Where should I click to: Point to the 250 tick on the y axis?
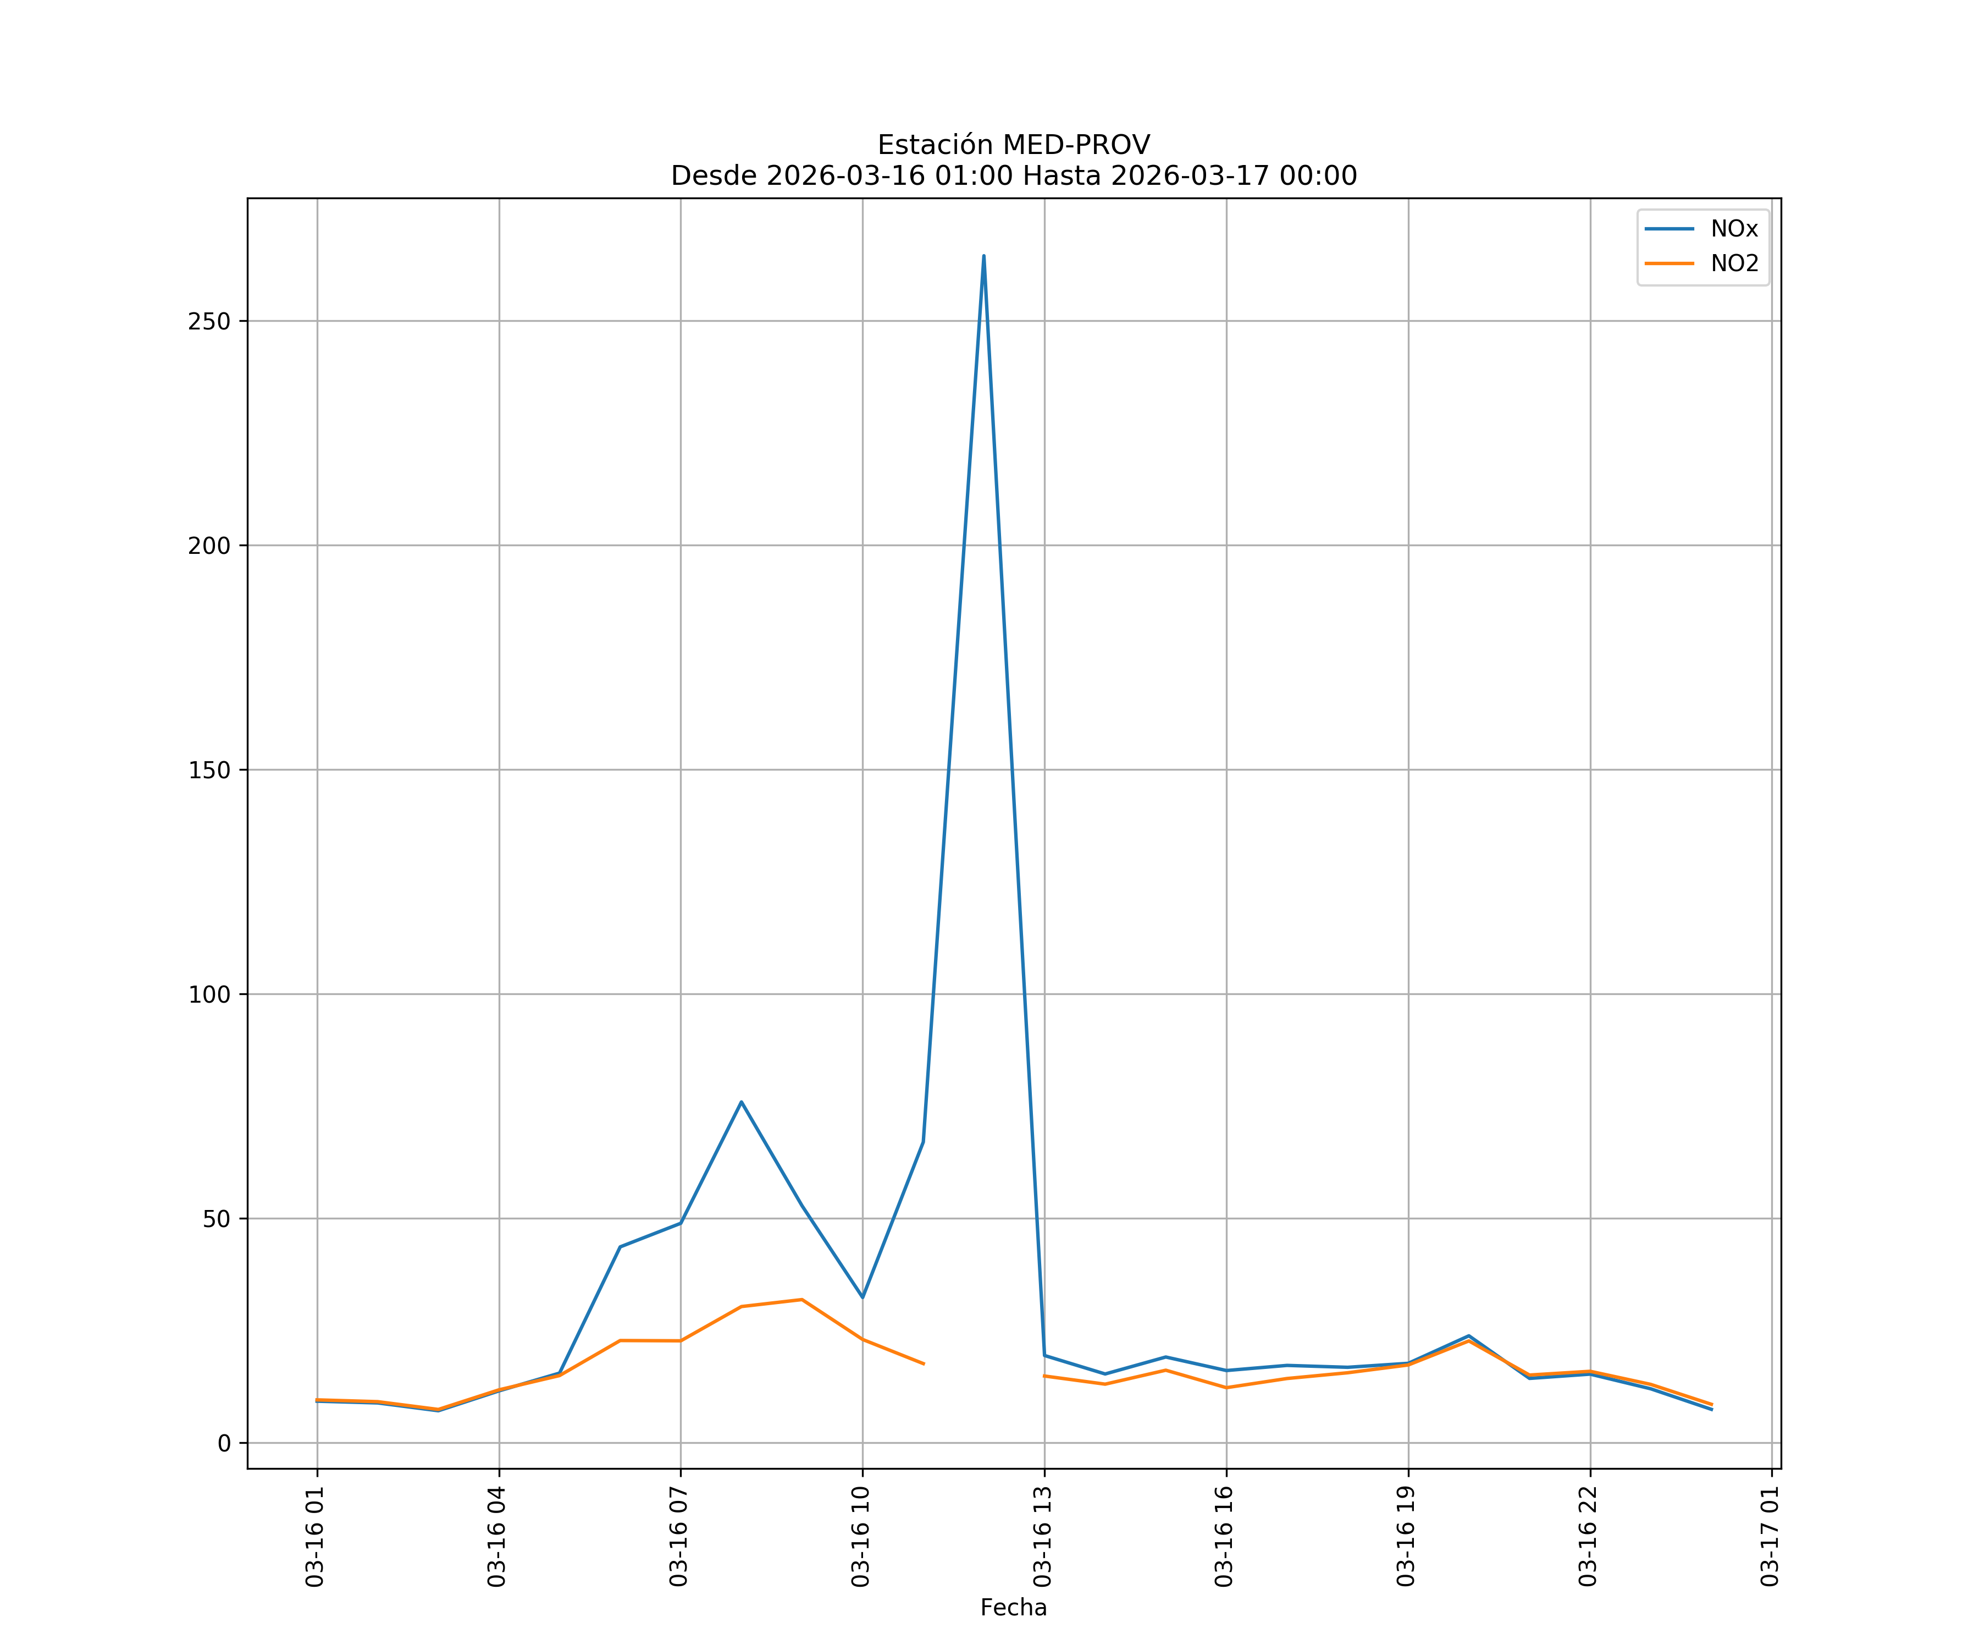[209, 322]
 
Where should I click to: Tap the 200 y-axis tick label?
[209, 546]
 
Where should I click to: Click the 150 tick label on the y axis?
[209, 771]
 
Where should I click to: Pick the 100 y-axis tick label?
[209, 995]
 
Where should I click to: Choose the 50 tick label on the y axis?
[216, 1219]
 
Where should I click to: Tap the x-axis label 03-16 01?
[315, 1536]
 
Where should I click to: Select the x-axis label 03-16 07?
[678, 1536]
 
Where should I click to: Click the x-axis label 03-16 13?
[1042, 1536]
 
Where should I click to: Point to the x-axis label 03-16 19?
[1406, 1536]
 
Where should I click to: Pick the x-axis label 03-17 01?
[1770, 1536]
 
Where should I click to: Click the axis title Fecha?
[1013, 1608]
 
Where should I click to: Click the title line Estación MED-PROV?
[1013, 145]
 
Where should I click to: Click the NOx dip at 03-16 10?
[863, 1297]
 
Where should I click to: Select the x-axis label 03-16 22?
[1588, 1536]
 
